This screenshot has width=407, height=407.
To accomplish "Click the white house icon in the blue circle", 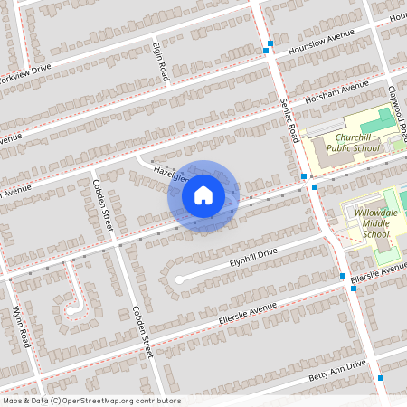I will (x=203, y=195).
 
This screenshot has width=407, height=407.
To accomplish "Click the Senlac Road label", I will (x=289, y=120).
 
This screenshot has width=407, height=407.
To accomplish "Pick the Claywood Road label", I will (x=394, y=110).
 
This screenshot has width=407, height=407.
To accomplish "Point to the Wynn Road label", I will (x=20, y=327).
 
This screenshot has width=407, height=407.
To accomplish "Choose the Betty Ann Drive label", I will (x=337, y=370).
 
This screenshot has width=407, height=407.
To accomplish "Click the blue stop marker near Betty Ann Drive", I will (x=381, y=378).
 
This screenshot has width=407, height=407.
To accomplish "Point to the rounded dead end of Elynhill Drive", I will (x=179, y=279).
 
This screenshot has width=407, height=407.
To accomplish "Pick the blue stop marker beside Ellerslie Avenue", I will (x=343, y=276).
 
